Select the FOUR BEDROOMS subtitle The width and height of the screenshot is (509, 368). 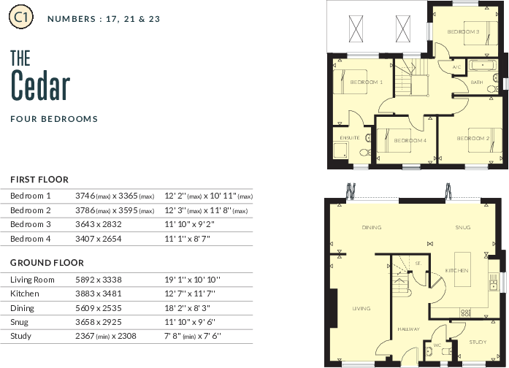pyautogui.click(x=54, y=118)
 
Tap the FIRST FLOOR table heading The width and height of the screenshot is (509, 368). pyautogui.click(x=39, y=180)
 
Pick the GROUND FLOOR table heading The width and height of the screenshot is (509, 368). pyautogui.click(x=47, y=263)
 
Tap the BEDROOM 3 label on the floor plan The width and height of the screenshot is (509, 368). pyautogui.click(x=463, y=32)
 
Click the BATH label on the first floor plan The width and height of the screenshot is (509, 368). pyautogui.click(x=476, y=83)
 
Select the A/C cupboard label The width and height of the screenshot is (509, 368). pyautogui.click(x=456, y=68)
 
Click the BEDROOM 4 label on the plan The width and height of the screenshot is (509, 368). pyautogui.click(x=410, y=140)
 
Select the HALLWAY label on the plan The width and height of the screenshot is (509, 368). pyautogui.click(x=409, y=330)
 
